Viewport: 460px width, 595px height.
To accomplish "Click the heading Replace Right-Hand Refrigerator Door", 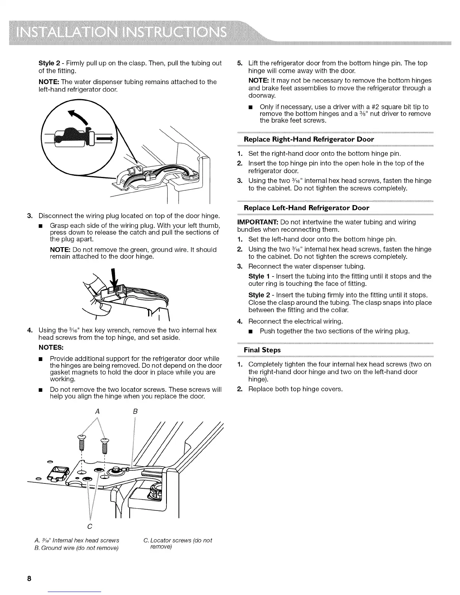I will pyautogui.click(x=309, y=139).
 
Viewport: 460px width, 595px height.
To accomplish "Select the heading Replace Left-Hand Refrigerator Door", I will pyautogui.click(x=306, y=208).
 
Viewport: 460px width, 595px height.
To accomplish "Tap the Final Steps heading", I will pyautogui.click(x=262, y=350).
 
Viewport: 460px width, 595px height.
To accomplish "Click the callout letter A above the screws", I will pyautogui.click(x=97, y=411).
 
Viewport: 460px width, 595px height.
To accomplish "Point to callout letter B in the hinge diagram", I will pyautogui.click(x=135, y=411).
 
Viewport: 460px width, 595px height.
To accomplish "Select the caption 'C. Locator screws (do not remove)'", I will pyautogui.click(x=177, y=544).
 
